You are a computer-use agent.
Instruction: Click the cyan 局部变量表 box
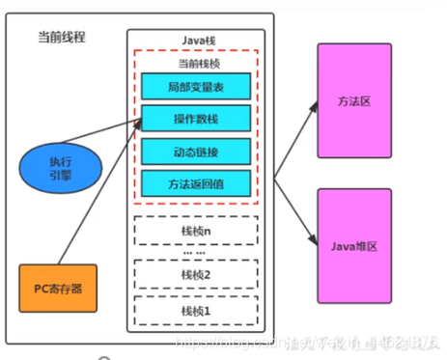(197, 87)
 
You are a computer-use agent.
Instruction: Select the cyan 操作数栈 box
(197, 119)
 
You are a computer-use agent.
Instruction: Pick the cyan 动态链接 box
(197, 151)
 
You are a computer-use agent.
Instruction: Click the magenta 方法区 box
(353, 100)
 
